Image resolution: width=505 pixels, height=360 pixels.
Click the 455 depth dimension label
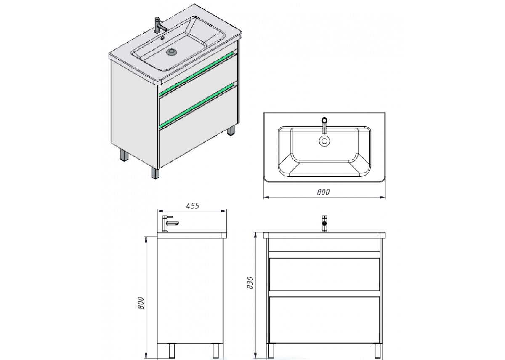(x=193, y=206)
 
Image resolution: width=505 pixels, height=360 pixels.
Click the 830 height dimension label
(x=250, y=283)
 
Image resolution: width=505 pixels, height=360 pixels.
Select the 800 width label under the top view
(x=323, y=192)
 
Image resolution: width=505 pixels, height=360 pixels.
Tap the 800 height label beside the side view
(x=141, y=303)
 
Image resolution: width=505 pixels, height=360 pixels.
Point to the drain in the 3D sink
(x=172, y=52)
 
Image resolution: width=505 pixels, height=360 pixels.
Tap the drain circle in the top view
(x=324, y=141)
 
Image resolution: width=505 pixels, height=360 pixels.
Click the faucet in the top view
(x=324, y=125)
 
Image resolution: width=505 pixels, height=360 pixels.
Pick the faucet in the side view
(x=170, y=224)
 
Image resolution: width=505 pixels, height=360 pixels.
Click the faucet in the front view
(x=324, y=224)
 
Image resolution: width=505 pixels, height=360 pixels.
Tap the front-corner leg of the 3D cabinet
(x=155, y=173)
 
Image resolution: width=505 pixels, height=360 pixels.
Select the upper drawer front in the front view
(x=324, y=274)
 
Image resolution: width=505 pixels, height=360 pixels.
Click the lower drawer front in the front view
(x=324, y=320)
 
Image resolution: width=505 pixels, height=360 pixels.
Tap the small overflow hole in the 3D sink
(x=163, y=38)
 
